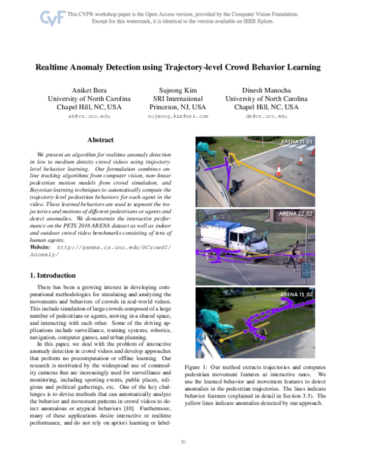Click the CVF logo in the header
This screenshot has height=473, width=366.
[x=51, y=18]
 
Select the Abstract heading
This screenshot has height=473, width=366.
[x=100, y=140]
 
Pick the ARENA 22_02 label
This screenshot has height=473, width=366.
[x=296, y=215]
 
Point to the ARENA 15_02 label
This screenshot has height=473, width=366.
[x=296, y=294]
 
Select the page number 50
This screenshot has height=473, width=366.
[x=182, y=458]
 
